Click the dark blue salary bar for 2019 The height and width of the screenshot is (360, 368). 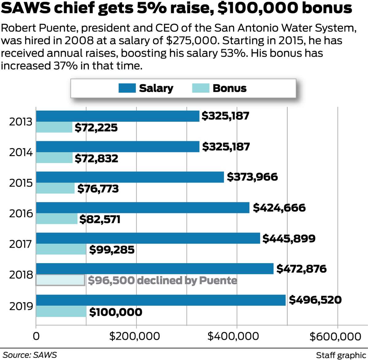161,300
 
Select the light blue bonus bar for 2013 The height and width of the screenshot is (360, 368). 54,127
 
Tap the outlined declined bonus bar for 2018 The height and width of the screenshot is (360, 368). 60,280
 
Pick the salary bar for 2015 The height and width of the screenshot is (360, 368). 130,177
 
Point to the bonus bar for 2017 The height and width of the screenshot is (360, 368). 61,250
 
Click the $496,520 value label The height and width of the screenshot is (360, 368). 315,300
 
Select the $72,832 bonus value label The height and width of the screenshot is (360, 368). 96,158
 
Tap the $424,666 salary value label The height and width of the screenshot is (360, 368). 279,208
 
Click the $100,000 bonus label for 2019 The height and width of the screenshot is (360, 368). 116,312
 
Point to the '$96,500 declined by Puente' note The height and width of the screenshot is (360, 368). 163,280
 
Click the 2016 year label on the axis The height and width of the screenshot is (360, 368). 21,213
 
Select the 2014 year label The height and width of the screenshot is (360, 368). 21,152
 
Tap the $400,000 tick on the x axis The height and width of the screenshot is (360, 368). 233,336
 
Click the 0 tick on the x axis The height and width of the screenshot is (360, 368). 36,336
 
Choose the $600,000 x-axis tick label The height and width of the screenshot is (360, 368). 335,336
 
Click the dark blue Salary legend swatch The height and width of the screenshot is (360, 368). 127,88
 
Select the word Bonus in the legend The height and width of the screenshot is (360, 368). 229,88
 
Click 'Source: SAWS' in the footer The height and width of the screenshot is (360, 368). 30,355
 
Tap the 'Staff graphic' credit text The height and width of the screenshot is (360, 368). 341,355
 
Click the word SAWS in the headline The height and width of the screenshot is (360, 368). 28,8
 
